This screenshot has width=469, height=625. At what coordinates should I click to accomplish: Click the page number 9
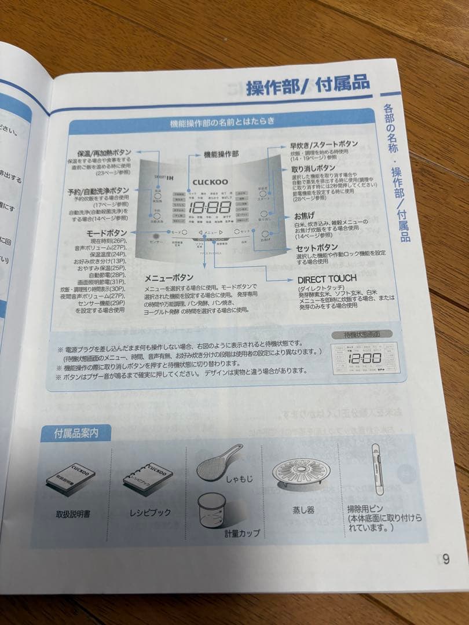click(x=445, y=559)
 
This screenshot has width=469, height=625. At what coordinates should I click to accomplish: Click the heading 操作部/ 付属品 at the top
click(x=307, y=84)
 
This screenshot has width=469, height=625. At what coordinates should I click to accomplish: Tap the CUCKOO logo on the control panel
click(x=210, y=181)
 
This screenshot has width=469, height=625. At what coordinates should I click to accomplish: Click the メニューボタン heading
click(x=169, y=277)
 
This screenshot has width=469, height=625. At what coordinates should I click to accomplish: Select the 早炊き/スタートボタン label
click(x=324, y=144)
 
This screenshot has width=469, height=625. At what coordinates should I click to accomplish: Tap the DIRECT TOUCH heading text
click(x=327, y=279)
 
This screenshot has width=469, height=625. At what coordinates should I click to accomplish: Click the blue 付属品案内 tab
click(x=76, y=432)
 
